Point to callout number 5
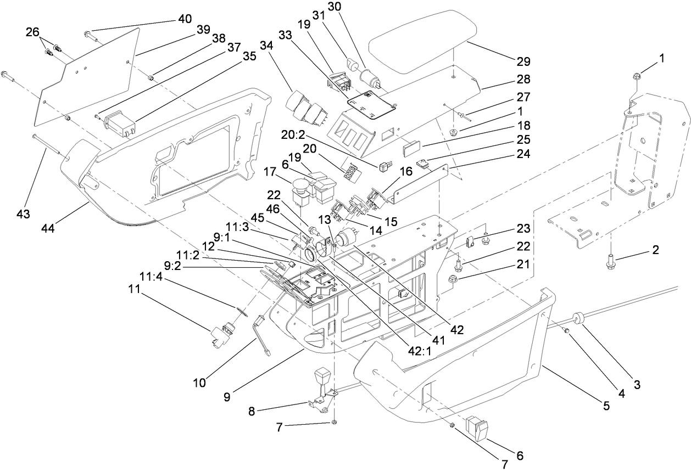coord(606,407)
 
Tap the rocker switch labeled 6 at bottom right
coord(476,428)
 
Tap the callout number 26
coord(34,32)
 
